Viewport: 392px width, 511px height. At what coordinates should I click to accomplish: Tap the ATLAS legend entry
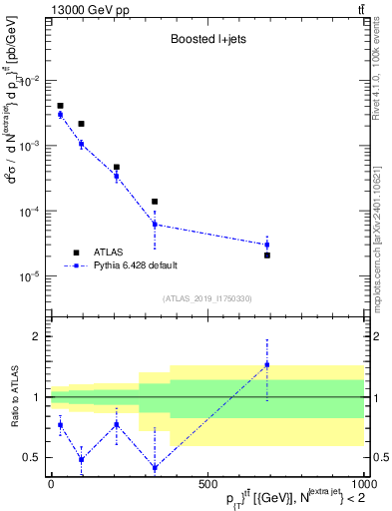(x=98, y=253)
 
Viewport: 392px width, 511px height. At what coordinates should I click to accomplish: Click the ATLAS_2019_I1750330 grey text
(x=206, y=298)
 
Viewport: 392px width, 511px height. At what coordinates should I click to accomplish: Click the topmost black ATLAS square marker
(x=60, y=106)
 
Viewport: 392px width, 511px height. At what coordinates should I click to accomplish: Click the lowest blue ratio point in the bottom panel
(x=155, y=468)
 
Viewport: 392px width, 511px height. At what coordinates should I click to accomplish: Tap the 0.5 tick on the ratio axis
(x=34, y=458)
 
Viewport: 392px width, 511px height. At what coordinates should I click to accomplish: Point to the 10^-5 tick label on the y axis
(x=30, y=276)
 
